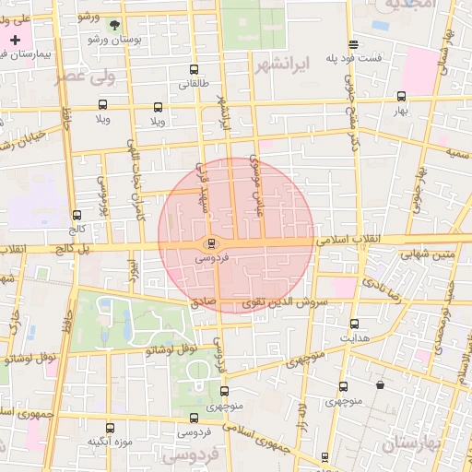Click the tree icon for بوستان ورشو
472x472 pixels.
(113, 26)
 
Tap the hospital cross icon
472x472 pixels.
(16, 40)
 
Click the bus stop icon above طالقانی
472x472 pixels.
(193, 70)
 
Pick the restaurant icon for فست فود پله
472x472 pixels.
(353, 44)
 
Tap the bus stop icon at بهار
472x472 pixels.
(401, 96)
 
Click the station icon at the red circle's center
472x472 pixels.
(212, 243)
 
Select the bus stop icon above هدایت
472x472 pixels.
(354, 324)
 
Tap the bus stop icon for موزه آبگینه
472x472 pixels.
(111, 428)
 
